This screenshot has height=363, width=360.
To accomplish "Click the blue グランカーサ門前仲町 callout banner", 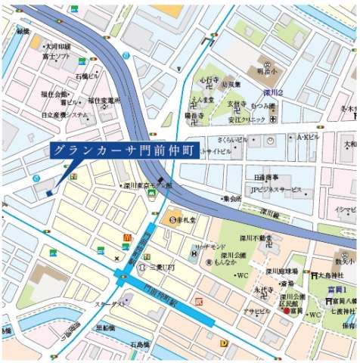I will point(124,150).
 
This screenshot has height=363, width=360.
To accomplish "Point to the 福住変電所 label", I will point(104,101).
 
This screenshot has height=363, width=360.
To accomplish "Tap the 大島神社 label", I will point(330,275).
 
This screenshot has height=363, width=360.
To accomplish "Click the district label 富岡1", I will point(337,288).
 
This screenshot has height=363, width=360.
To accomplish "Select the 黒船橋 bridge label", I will point(105,328).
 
